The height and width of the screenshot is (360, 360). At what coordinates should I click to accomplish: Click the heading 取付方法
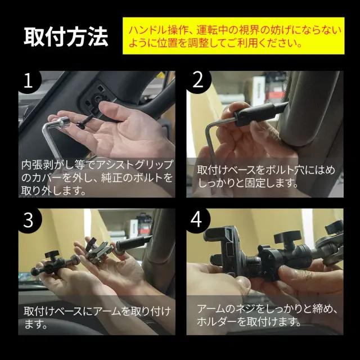pos(66,37)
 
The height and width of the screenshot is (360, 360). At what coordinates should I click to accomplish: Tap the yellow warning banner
pos(233,36)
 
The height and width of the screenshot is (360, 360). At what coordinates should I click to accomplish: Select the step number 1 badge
pos(29,81)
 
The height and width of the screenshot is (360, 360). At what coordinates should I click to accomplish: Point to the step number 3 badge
pos(29,220)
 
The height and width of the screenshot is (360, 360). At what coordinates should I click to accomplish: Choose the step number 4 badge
pos(197,220)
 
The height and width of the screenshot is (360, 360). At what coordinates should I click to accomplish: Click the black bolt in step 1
pos(86,121)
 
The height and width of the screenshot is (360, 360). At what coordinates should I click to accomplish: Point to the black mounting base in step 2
pos(259,114)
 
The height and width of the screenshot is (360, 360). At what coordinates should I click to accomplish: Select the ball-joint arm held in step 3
pos(52,264)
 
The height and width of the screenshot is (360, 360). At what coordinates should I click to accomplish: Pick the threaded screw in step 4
pos(252,262)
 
